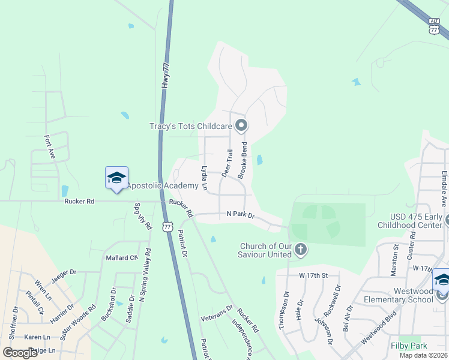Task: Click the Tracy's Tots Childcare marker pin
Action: tap(241, 125)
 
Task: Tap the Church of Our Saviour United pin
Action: tap(301, 250)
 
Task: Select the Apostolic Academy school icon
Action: tap(116, 178)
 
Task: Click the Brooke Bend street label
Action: tap(244, 160)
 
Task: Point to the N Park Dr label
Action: tap(241, 214)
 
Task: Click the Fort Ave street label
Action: tap(50, 148)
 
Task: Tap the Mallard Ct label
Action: tap(122, 258)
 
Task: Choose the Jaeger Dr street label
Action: tap(64, 273)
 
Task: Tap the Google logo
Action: tap(20, 352)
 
